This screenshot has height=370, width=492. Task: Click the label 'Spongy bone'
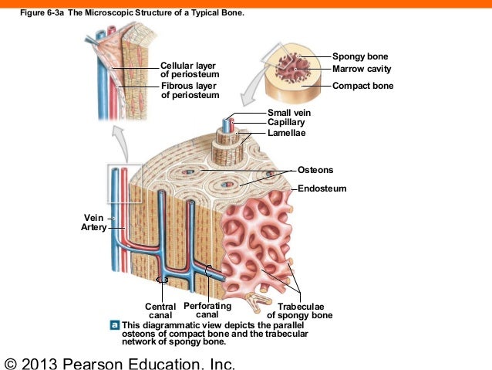tap(360, 56)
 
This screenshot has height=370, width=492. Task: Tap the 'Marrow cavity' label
tap(362, 69)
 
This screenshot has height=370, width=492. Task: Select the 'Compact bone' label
tap(362, 86)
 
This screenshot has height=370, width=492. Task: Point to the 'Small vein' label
tap(289, 113)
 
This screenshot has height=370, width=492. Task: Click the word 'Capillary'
tap(286, 122)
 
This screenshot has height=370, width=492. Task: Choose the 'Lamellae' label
tap(287, 133)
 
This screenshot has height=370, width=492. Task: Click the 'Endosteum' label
tap(322, 188)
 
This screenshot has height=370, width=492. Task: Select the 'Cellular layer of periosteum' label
tap(189, 69)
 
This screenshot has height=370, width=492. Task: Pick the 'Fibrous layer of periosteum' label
tap(189, 90)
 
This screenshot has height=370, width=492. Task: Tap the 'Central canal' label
tap(160, 311)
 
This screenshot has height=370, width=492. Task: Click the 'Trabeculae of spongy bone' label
tap(299, 311)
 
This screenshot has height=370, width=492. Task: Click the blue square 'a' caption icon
tap(115, 324)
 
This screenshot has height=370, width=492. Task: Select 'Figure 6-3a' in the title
tap(38, 12)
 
